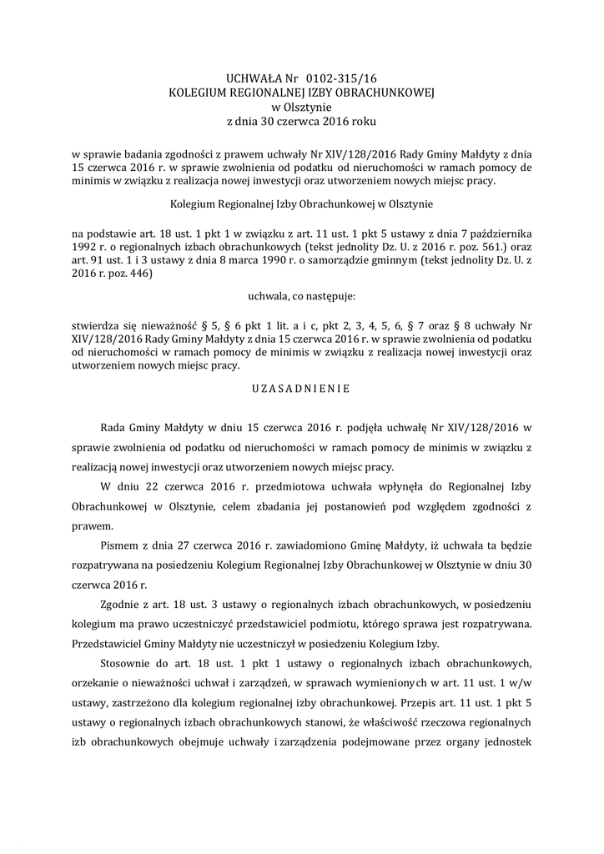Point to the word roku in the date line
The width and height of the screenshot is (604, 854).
coord(365,122)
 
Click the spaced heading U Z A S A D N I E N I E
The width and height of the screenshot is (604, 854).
coord(301,388)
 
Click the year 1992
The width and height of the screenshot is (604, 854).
coord(86,248)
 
